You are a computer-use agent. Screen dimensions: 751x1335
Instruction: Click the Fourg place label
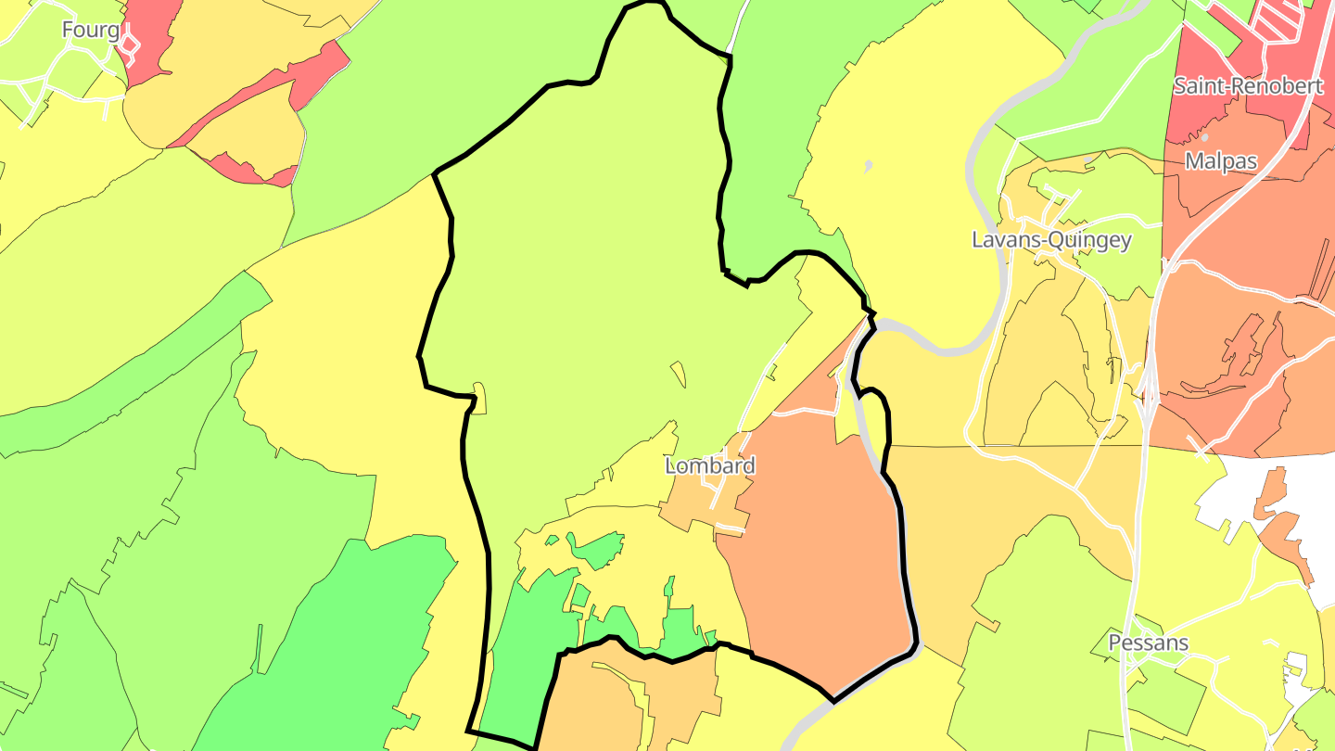point(90,30)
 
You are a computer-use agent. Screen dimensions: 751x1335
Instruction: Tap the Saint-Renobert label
point(1248,86)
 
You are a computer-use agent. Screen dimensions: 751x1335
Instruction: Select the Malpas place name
point(1221,161)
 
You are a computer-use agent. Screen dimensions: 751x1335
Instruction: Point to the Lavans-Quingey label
point(1051,240)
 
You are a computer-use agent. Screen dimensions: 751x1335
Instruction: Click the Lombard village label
point(710,465)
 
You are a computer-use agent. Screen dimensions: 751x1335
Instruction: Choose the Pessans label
point(1148,643)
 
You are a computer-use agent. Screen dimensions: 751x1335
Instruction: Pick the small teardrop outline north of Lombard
point(679,374)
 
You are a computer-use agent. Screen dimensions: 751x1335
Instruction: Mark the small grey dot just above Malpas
point(1205,137)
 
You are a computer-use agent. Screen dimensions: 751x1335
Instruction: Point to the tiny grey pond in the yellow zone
point(868,167)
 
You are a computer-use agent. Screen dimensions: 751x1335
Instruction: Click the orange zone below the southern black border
point(603,695)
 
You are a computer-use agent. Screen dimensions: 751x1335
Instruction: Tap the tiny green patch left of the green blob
point(552,540)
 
